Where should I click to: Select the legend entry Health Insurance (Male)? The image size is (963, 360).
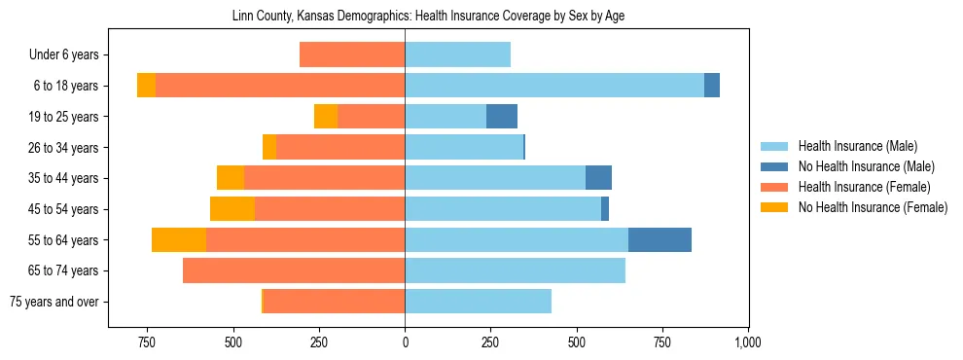point(857,146)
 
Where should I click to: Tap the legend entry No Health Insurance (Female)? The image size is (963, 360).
point(872,207)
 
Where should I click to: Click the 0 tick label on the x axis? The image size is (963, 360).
point(405,342)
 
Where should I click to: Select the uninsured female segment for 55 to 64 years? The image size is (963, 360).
point(179,239)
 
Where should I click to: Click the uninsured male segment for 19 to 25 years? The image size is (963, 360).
point(502,117)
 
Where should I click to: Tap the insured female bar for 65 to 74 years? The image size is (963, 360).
point(294,270)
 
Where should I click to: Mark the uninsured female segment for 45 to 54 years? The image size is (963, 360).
point(232,209)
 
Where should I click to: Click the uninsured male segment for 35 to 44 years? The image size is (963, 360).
point(598,178)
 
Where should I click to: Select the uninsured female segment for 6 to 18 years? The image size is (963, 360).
point(146,86)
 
